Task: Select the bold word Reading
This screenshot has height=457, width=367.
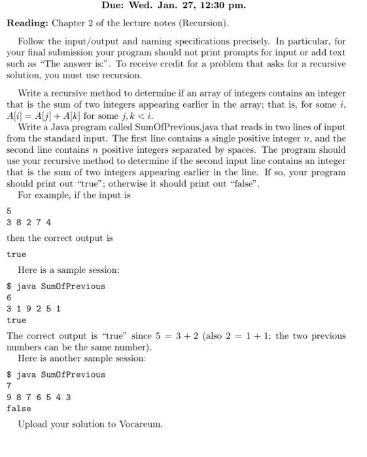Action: point(26,24)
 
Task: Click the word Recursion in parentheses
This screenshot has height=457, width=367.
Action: point(204,24)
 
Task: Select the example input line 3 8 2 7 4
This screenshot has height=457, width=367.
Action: point(29,222)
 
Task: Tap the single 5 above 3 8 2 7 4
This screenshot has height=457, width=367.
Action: point(9,211)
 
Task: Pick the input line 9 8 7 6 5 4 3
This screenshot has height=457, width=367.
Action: point(39,397)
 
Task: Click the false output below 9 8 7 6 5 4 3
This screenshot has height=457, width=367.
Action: point(19,408)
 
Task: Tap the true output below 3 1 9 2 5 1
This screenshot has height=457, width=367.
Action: point(16,320)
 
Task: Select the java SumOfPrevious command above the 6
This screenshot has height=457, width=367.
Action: point(60,286)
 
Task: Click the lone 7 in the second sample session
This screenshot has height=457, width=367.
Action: point(9,386)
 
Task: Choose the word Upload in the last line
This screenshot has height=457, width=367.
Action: point(33,424)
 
